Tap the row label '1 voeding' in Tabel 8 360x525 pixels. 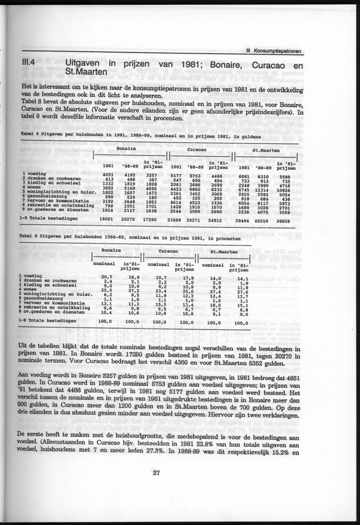pos(34,173)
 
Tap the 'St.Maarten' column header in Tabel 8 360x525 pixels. pos(265,149)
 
